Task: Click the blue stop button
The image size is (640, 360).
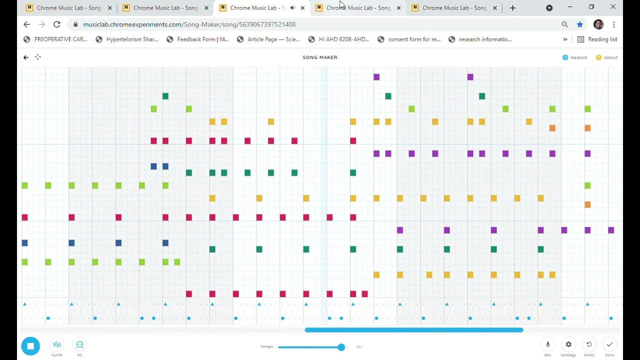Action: (30, 346)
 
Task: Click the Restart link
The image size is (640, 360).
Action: (575, 57)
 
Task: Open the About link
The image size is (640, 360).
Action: (607, 57)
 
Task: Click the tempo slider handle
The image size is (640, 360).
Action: (341, 347)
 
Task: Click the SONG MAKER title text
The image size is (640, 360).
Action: (320, 57)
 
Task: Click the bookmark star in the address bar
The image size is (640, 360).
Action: (579, 24)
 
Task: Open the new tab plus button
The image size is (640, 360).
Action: (512, 8)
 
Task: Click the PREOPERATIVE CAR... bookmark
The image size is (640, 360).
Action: (55, 39)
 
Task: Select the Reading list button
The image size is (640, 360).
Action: (597, 39)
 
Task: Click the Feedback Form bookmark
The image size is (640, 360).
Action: (197, 39)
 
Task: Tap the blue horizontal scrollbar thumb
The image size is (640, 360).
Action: (413, 330)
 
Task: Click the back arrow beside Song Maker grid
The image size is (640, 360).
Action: (26, 57)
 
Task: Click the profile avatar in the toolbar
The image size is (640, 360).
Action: (598, 24)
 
